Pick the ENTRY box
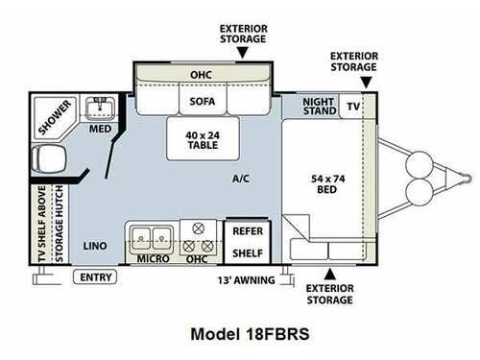pos(96,278)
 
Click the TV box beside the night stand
pos(352,106)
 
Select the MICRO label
pos(152,259)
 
